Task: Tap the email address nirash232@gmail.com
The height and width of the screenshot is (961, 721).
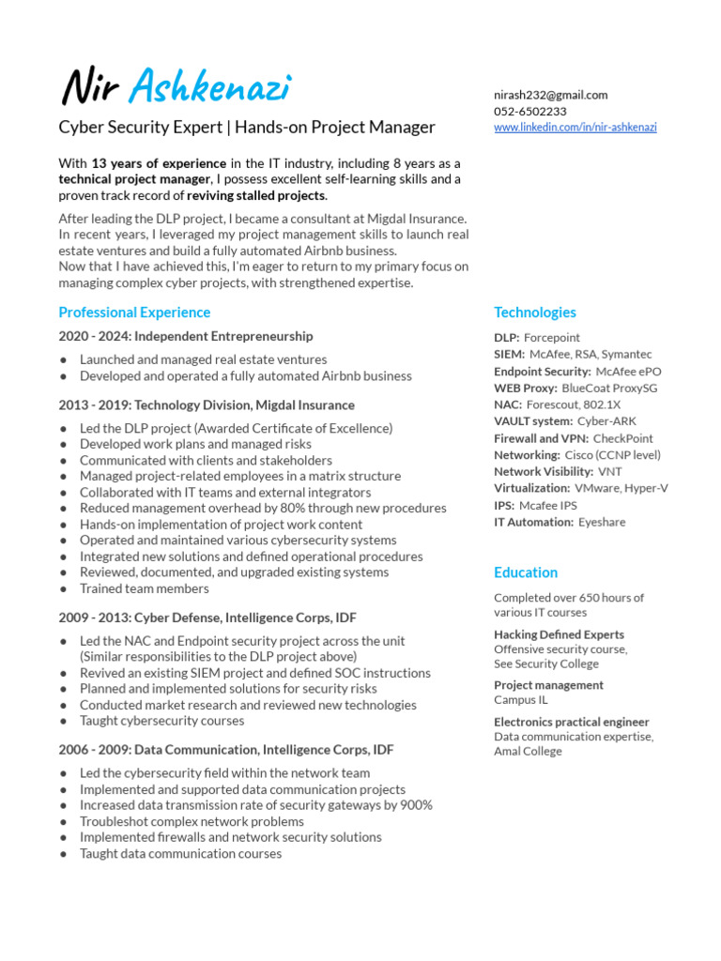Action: point(551,95)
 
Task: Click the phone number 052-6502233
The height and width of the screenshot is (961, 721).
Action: point(530,111)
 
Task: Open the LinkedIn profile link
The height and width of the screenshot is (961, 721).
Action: point(575,127)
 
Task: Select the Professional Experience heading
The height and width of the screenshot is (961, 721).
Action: point(134,313)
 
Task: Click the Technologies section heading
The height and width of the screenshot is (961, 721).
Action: point(535,313)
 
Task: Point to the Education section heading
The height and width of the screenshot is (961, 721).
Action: point(526,572)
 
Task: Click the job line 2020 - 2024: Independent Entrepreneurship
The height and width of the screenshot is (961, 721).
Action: point(186,336)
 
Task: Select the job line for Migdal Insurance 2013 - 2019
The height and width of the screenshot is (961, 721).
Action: point(207,405)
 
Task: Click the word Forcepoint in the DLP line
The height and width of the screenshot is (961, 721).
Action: point(552,338)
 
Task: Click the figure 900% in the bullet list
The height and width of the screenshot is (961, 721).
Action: point(413,805)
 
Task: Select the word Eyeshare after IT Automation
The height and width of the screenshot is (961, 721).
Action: point(602,522)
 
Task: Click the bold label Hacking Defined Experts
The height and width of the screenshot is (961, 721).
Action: point(559,634)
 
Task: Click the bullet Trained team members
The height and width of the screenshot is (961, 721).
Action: point(144,588)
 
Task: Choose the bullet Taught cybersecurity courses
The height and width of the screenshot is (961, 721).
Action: point(161,721)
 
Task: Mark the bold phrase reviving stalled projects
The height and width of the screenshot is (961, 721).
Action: point(256,195)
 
